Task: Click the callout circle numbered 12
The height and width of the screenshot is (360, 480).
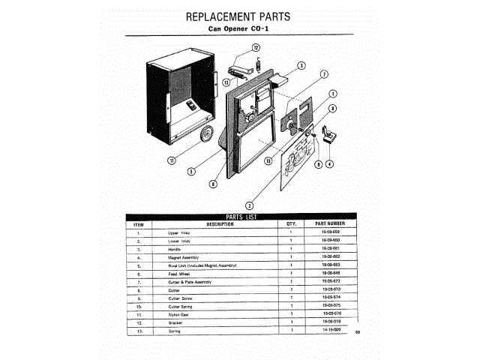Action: pyautogui.click(x=255, y=47)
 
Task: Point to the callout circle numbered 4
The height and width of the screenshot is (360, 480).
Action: pyautogui.click(x=329, y=164)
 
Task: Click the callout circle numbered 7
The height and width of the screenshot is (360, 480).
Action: pyautogui.click(x=324, y=75)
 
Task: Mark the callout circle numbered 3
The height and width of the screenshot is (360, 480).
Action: pyautogui.click(x=300, y=65)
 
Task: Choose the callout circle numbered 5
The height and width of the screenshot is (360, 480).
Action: pyautogui.click(x=191, y=171)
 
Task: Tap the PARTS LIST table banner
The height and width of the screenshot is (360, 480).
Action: pyautogui.click(x=241, y=217)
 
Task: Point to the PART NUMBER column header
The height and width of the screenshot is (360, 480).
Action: pyautogui.click(x=330, y=223)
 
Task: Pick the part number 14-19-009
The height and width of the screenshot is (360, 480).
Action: pyautogui.click(x=330, y=330)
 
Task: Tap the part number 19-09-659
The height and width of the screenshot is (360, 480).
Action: pyautogui.click(x=330, y=233)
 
